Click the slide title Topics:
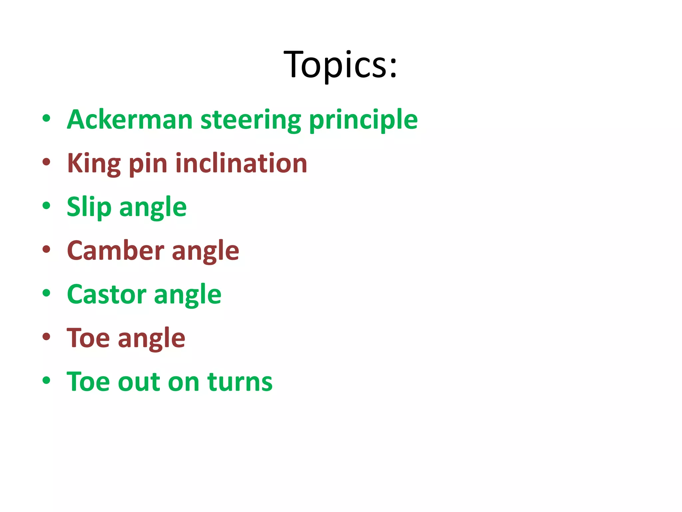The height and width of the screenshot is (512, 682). pyautogui.click(x=340, y=64)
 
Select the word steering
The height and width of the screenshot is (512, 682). pyautogui.click(x=251, y=120)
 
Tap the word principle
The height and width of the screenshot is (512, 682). pyautogui.click(x=363, y=120)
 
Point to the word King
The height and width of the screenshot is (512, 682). pyautogui.click(x=94, y=164)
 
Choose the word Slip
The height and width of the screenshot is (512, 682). pyautogui.click(x=89, y=207)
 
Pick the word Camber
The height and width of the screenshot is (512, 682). pyautogui.click(x=116, y=251)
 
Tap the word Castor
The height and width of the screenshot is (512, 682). pyautogui.click(x=107, y=294)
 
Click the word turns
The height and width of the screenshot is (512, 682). pyautogui.click(x=240, y=382)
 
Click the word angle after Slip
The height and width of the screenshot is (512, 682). pyautogui.click(x=153, y=208)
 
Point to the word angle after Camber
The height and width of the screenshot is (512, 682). pyautogui.click(x=205, y=252)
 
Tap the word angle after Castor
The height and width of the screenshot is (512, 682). pyautogui.click(x=188, y=295)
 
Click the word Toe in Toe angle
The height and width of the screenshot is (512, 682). pyautogui.click(x=88, y=338)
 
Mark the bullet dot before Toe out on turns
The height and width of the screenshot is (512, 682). pyautogui.click(x=46, y=380)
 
